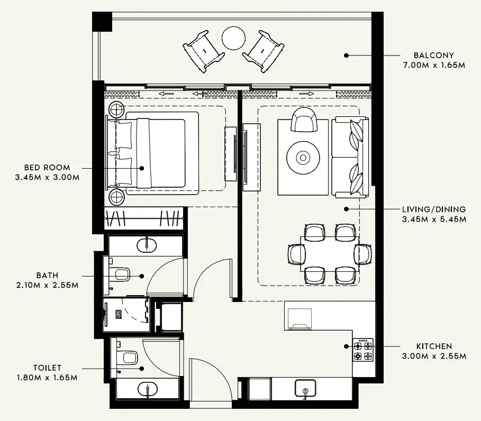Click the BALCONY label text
(433, 55)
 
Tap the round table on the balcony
(233, 38)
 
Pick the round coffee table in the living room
(303, 157)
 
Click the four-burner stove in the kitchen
(363, 350)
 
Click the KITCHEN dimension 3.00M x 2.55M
(433, 356)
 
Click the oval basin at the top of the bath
(146, 245)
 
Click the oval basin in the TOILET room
(146, 390)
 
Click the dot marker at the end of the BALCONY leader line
(346, 55)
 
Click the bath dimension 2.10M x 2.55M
(47, 285)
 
